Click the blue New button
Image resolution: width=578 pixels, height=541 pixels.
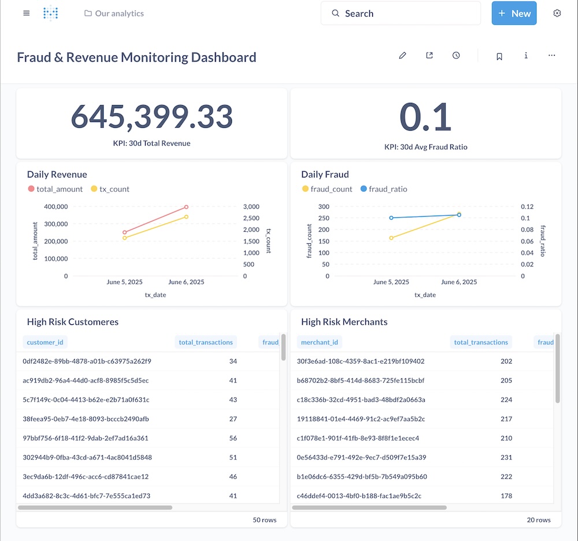pyautogui.click(x=514, y=13)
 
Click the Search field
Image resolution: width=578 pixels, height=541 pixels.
pyautogui.click(x=401, y=13)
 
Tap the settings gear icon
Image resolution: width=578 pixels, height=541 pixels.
pyautogui.click(x=557, y=13)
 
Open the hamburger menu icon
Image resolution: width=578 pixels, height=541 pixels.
pyautogui.click(x=26, y=13)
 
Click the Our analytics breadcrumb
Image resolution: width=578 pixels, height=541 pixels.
pyautogui.click(x=114, y=13)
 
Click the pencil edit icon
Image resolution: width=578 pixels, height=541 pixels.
pyautogui.click(x=403, y=55)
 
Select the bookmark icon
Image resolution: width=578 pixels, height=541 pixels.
pyautogui.click(x=499, y=56)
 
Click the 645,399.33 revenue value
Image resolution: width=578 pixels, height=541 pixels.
pyautogui.click(x=151, y=117)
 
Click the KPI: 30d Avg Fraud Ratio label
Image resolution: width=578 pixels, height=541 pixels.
pyautogui.click(x=425, y=147)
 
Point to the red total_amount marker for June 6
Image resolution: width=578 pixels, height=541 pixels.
pyautogui.click(x=186, y=207)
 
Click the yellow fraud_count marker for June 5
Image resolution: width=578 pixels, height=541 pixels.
pyautogui.click(x=391, y=238)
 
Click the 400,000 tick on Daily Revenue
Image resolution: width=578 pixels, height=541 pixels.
pyautogui.click(x=55, y=206)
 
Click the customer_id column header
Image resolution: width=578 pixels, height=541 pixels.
pyautogui.click(x=45, y=342)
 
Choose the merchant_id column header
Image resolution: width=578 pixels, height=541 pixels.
pyautogui.click(x=319, y=342)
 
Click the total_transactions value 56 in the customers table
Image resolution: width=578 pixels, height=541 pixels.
pyautogui.click(x=233, y=438)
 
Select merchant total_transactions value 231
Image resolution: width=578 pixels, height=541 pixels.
pyautogui.click(x=506, y=457)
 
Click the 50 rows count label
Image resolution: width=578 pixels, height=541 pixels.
pyautogui.click(x=264, y=520)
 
